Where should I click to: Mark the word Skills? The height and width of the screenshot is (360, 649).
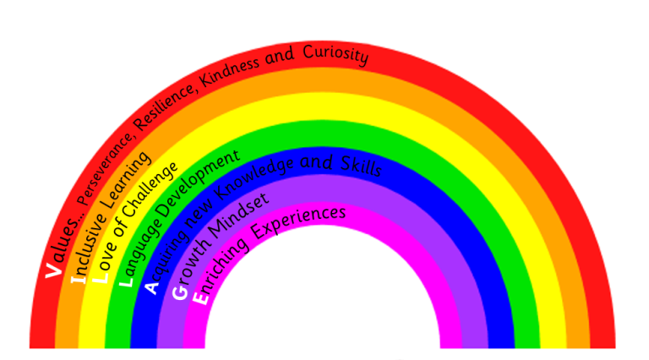click(x=360, y=164)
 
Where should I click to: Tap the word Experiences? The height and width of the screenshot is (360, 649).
click(x=297, y=220)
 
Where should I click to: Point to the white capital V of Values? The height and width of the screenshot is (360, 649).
click(x=53, y=269)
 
